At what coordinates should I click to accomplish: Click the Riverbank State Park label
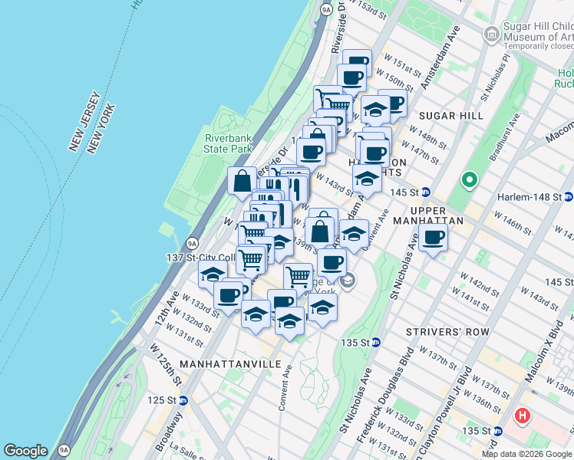[228, 143]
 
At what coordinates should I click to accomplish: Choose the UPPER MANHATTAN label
[438, 215]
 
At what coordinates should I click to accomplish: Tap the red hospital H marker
[523, 416]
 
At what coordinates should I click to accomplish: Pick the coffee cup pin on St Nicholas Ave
[434, 238]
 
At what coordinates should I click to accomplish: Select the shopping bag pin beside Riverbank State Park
[242, 181]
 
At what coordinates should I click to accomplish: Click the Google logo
[25, 451]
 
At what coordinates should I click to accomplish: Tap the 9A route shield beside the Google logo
[64, 451]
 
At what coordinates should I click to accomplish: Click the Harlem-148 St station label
[530, 197]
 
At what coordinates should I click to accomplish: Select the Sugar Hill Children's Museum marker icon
[491, 34]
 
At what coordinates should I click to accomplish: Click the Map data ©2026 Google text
[526, 454]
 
